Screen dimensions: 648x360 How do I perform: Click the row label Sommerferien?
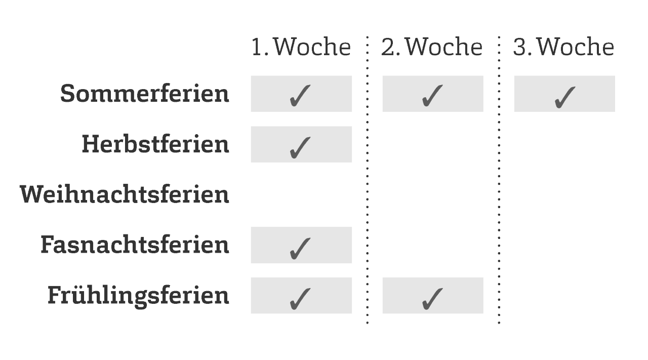pos(145,94)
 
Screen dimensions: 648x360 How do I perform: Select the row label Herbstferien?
pos(155,144)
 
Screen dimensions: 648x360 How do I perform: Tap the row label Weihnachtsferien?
pos(125,194)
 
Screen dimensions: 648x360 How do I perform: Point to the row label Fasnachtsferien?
pos(135,245)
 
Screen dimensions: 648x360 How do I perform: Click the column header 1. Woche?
pos(301,47)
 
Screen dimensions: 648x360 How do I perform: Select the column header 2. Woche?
pos(432,47)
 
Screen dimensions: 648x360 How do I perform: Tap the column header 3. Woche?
pos(563,47)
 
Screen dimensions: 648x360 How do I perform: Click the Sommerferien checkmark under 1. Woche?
pos(300,96)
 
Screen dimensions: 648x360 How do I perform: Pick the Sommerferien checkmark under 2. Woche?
pos(432,96)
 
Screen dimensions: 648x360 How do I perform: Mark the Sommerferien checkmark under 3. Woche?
pos(564,97)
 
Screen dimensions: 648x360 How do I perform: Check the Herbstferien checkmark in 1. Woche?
pos(300,147)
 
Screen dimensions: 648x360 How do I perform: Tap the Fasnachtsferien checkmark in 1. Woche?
pos(300,248)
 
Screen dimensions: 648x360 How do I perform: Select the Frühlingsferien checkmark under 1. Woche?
pos(300,299)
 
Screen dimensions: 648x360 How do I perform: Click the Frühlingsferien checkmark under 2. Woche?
pos(432,299)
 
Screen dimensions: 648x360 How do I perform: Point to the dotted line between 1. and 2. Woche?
pos(368,180)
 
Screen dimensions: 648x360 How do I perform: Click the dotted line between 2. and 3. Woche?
pos(499,180)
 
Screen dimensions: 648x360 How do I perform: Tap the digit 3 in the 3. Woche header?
pos(519,47)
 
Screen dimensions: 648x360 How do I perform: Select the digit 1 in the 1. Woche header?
pos(257,47)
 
